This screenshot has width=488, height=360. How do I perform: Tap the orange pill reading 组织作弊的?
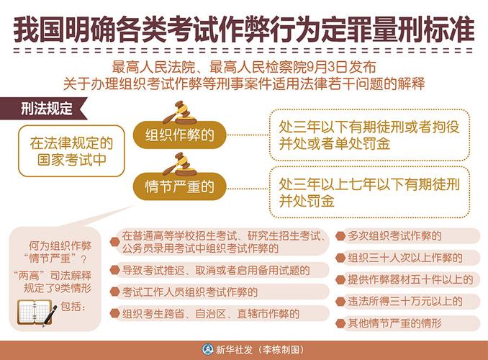[x=180, y=135]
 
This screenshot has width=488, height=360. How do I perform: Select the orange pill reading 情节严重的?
[x=180, y=186]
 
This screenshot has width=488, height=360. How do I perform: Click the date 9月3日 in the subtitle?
[x=325, y=67]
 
